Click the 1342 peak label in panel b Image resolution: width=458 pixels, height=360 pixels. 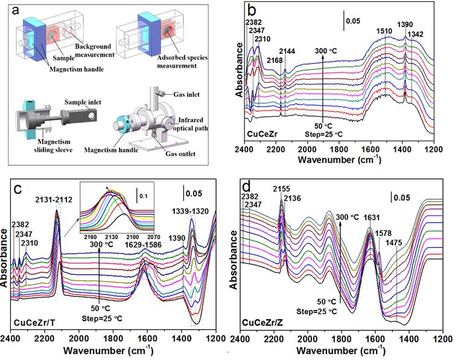pos(416,34)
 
